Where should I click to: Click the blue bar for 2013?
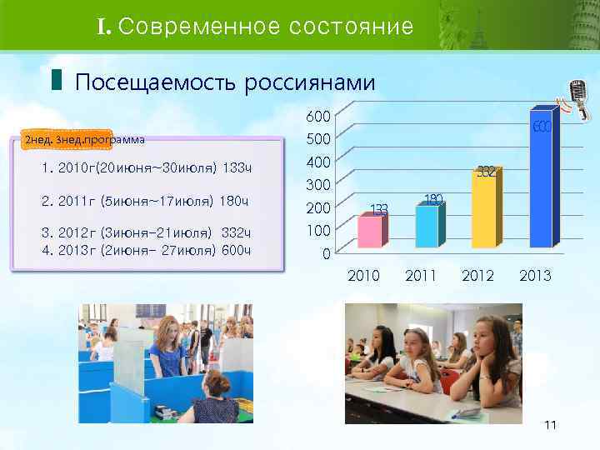pyautogui.click(x=541, y=179)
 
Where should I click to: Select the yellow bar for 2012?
pyautogui.click(x=483, y=208)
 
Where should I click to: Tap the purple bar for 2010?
pyautogui.click(x=371, y=230)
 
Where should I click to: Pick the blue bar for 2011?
pyautogui.click(x=427, y=225)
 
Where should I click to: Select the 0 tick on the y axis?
pyautogui.click(x=327, y=253)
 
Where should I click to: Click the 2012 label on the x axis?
pyautogui.click(x=477, y=276)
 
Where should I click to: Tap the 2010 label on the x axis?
pyautogui.click(x=363, y=276)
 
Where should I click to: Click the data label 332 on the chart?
pyautogui.click(x=487, y=172)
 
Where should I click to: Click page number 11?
pyautogui.click(x=550, y=426)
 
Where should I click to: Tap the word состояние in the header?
pyautogui.click(x=351, y=27)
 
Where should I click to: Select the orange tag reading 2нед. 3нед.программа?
pyautogui.click(x=84, y=139)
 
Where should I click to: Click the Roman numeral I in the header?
pyautogui.click(x=103, y=27)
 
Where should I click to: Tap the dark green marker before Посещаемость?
pyautogui.click(x=56, y=81)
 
